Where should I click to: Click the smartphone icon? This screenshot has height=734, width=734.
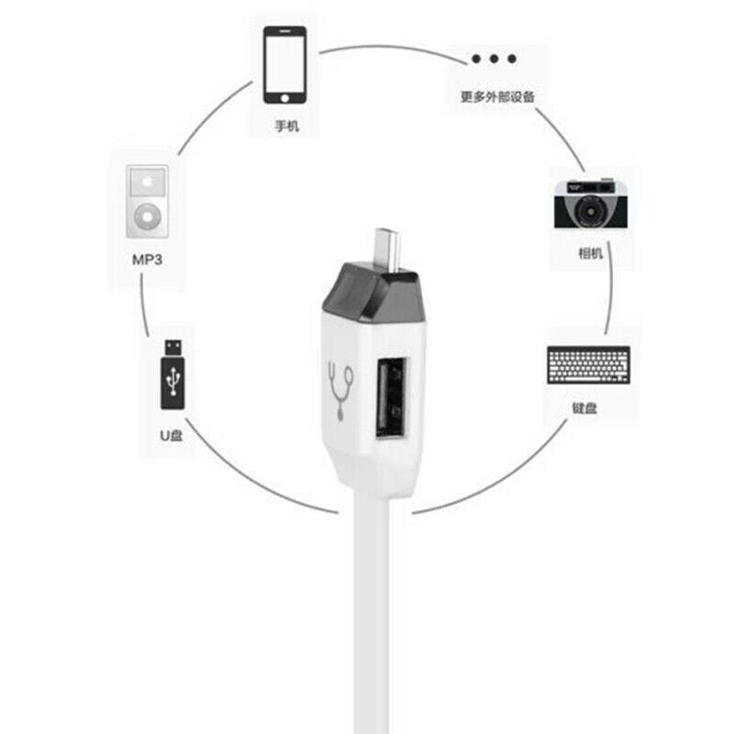click(284, 65)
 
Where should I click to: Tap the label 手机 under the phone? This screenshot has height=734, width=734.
click(286, 127)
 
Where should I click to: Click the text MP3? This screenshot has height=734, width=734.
click(147, 261)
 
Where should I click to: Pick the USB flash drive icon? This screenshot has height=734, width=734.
click(172, 373)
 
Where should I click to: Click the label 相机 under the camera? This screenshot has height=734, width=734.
click(591, 253)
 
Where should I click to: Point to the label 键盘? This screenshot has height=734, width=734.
click(584, 407)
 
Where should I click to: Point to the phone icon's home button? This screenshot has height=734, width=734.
click(284, 97)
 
